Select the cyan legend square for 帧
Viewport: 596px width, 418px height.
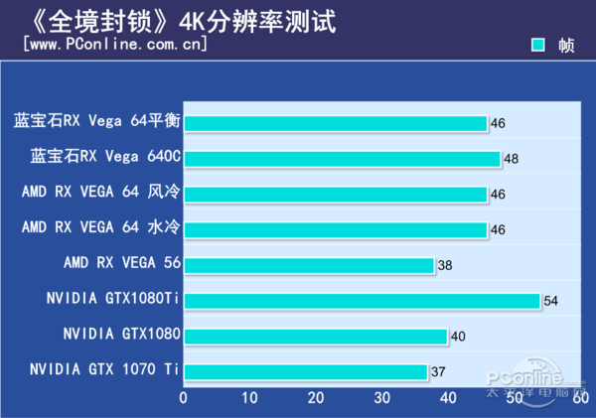click(x=537, y=45)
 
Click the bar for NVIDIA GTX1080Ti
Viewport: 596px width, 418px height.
click(x=362, y=301)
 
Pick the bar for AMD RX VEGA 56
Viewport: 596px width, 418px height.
click(x=309, y=265)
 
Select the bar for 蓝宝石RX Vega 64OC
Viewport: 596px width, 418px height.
click(x=342, y=159)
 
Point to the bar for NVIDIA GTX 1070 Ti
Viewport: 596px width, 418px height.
click(x=305, y=372)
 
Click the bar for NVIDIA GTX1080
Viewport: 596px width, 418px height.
click(x=315, y=337)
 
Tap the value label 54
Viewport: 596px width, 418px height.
click(x=551, y=301)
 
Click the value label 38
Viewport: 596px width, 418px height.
click(x=446, y=266)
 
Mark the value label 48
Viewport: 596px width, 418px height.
click(x=512, y=159)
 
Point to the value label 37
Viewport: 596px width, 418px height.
click(x=439, y=372)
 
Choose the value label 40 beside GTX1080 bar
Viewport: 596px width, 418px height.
click(x=459, y=337)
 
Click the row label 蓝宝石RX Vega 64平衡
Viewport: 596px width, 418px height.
click(x=96, y=122)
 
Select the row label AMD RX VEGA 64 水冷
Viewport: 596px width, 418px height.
click(x=100, y=228)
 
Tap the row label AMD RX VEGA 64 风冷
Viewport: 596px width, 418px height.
click(x=100, y=193)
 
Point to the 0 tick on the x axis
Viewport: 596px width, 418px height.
click(x=184, y=398)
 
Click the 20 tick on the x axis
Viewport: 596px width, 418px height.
click(x=316, y=398)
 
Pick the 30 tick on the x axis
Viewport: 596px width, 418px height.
click(x=382, y=398)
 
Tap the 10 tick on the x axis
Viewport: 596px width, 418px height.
click(x=249, y=398)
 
